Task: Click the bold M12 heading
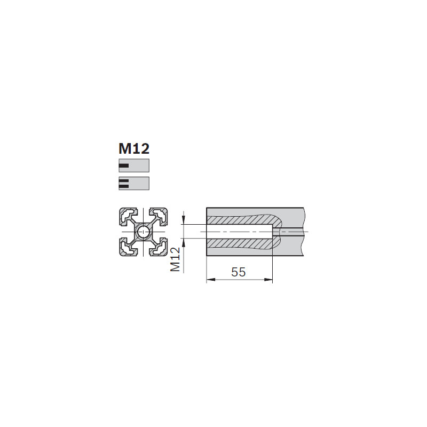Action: (134, 149)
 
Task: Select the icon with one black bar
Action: (134, 165)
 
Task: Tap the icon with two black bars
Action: (134, 183)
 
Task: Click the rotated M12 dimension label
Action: (175, 259)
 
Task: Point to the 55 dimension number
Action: (238, 272)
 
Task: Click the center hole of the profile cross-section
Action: (143, 232)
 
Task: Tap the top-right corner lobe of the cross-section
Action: (158, 217)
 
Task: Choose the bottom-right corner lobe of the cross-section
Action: (158, 247)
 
